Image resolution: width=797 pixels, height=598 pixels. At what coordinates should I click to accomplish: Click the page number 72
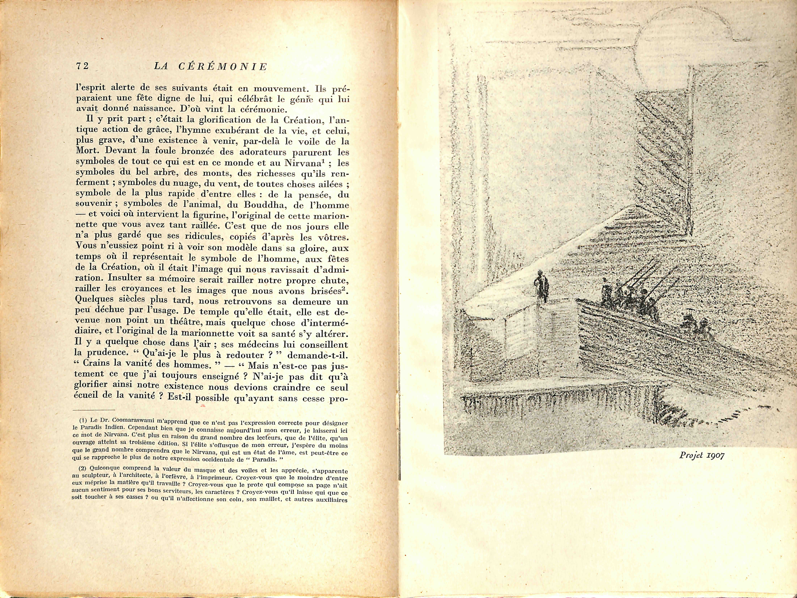(83, 66)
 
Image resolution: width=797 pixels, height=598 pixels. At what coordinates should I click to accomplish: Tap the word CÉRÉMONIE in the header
(223, 67)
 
